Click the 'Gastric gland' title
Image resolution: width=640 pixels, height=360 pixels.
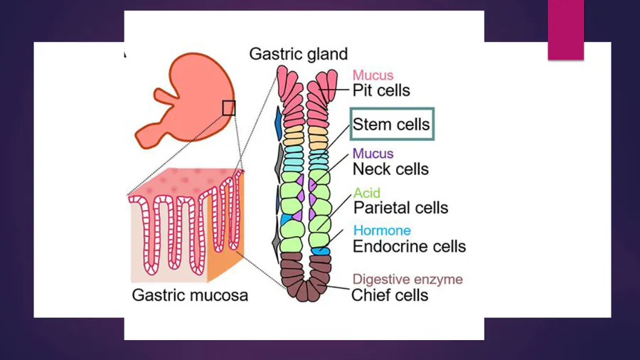point(298,54)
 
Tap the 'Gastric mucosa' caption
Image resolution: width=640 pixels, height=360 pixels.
point(190,295)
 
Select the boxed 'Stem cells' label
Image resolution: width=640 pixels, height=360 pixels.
point(391,125)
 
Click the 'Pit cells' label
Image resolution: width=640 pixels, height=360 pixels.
point(381,91)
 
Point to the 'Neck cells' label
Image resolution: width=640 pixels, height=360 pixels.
point(390,169)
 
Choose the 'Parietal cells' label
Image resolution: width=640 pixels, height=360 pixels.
point(400,208)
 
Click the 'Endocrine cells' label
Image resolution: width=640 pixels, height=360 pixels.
point(409,247)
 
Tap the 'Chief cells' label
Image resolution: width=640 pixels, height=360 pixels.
point(390,295)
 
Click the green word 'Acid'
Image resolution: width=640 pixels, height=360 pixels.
point(367,193)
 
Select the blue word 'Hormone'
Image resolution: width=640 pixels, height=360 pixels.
point(382,231)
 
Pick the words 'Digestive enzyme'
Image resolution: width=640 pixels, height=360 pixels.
point(407,279)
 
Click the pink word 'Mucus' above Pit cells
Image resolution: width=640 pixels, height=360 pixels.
point(373,75)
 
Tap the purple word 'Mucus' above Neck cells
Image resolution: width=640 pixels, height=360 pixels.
point(373,154)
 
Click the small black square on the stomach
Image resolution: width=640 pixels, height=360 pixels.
point(228,107)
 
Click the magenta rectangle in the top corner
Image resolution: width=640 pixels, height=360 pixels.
point(565,31)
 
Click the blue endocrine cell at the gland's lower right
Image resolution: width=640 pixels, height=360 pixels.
point(321,250)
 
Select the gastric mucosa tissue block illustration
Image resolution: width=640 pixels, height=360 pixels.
point(185,228)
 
